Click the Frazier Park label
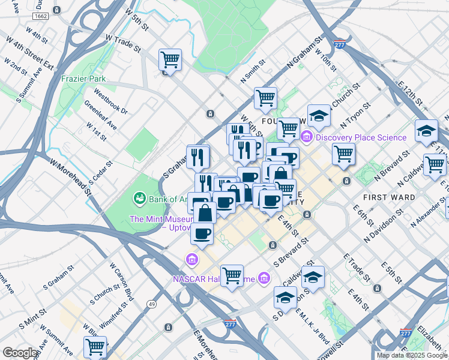(83, 79)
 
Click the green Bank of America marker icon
(139, 197)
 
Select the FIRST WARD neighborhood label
(388, 197)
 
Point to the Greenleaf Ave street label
(100, 115)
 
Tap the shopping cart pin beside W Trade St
(170, 59)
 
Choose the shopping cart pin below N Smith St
(265, 98)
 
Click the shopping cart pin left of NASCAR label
(232, 275)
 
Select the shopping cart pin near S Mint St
(95, 346)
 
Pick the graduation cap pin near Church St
(319, 116)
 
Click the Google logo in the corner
(20, 353)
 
